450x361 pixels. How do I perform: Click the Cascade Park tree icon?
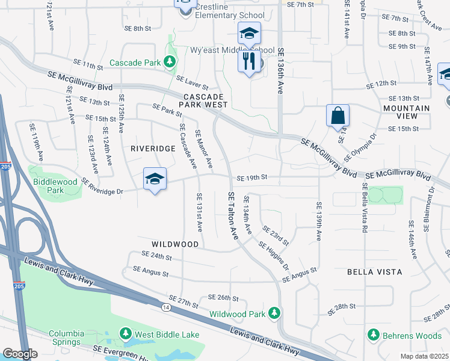pyautogui.click(x=170, y=62)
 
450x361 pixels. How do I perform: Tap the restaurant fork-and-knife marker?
pyautogui.click(x=248, y=61)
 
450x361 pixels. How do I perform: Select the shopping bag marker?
pyautogui.click(x=337, y=114)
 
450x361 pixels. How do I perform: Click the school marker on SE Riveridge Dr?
pyautogui.click(x=155, y=179)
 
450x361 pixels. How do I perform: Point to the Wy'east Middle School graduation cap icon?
pyautogui.click(x=248, y=35)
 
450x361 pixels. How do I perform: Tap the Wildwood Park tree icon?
pyautogui.click(x=274, y=313)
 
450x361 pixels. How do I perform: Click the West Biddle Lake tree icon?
pyautogui.click(x=126, y=333)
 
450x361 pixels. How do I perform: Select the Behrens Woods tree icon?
pyautogui.click(x=373, y=334)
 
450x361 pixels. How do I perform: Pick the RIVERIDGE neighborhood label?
pyautogui.click(x=152, y=147)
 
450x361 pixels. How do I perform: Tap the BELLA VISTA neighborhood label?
pyautogui.click(x=375, y=272)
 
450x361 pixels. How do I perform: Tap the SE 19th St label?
pyautogui.click(x=251, y=178)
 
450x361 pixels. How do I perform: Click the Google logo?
pyautogui.click(x=20, y=354)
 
